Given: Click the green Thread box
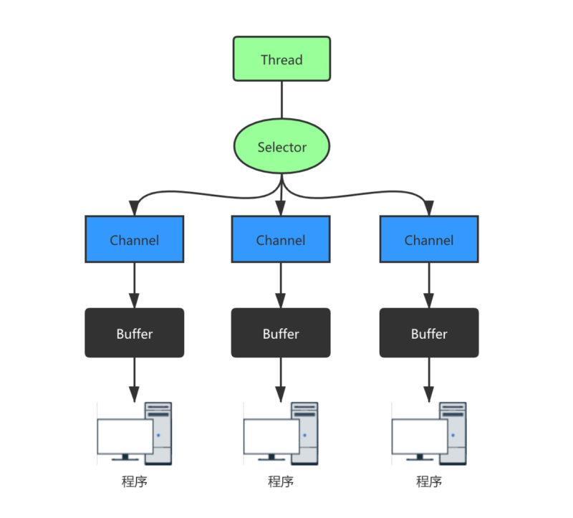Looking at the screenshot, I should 281,59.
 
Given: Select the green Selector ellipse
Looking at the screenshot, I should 281,147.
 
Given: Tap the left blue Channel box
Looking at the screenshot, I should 135,240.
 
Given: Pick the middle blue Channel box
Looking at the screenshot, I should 281,240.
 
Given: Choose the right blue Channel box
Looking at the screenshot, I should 428,240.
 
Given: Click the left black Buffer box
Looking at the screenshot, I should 135,333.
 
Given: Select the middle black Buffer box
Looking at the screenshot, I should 281,333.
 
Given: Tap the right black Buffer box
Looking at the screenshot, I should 428,333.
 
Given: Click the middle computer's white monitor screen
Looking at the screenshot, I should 271,436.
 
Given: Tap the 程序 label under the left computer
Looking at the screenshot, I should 135,481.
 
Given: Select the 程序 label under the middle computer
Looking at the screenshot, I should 281,481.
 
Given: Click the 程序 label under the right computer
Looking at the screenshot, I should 428,481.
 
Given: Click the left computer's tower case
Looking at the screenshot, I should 160,430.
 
